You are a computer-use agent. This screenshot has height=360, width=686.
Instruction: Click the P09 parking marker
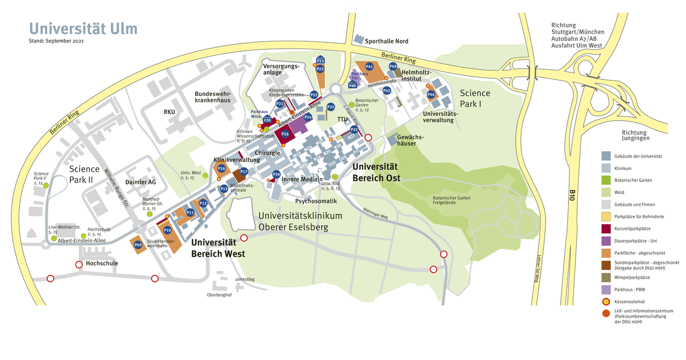[138, 245]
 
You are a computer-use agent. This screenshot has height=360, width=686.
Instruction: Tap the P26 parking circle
[285, 134]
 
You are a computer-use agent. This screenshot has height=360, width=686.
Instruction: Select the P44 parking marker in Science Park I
[431, 95]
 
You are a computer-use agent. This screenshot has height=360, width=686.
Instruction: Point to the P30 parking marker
[277, 174]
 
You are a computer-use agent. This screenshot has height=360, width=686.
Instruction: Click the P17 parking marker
[244, 172]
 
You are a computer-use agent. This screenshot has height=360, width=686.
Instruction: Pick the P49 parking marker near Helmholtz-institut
[393, 66]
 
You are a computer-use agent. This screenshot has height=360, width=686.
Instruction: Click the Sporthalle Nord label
[386, 41]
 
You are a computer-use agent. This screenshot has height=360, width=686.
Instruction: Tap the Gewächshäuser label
[411, 140]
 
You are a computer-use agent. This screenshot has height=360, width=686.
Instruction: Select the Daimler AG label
[140, 182]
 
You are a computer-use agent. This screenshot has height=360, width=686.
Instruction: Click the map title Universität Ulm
[83, 28]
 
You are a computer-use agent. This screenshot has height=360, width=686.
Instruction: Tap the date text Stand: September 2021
[56, 41]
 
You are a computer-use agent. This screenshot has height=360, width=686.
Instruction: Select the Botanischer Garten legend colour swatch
[606, 180]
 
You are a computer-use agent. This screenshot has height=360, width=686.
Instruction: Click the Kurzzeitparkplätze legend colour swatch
[606, 228]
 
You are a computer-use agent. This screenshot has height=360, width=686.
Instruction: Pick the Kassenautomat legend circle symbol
[606, 302]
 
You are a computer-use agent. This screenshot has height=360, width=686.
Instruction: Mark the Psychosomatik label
[316, 201]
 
